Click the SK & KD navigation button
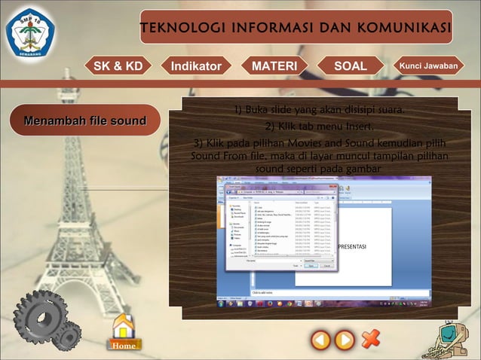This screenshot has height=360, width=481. [118, 66]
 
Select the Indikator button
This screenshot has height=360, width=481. [196, 66]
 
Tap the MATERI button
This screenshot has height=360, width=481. [274, 66]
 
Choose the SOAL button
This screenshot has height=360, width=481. [351, 66]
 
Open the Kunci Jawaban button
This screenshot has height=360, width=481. [428, 66]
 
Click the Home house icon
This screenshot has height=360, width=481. [124, 332]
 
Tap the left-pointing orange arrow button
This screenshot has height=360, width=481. [321, 340]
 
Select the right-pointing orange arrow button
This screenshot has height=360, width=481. [345, 340]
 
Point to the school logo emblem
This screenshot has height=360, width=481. [31, 32]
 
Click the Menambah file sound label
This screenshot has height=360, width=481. [85, 121]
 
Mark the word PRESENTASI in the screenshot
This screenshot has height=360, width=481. [351, 247]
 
